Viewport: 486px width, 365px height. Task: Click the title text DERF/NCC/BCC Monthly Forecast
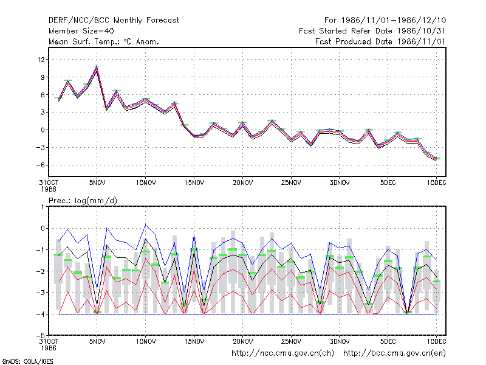pyautogui.click(x=114, y=21)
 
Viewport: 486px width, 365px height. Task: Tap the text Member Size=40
pyautogui.click(x=81, y=31)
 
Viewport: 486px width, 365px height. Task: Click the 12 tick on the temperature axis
pyautogui.click(x=41, y=59)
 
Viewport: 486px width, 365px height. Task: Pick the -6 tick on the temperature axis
pyautogui.click(x=40, y=165)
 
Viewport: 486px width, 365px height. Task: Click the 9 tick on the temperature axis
pyautogui.click(x=43, y=77)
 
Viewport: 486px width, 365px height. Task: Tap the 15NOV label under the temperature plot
pyautogui.click(x=194, y=183)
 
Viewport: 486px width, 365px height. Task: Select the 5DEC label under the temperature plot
pyautogui.click(x=388, y=183)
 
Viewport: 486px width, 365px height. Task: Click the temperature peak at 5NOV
pyautogui.click(x=97, y=66)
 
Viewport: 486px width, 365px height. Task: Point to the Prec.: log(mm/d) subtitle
pyautogui.click(x=83, y=201)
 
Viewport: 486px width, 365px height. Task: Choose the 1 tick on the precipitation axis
pyautogui.click(x=43, y=207)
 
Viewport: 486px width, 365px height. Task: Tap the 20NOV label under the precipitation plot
pyautogui.click(x=242, y=341)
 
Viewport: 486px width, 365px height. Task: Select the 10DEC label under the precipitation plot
pyautogui.click(x=436, y=341)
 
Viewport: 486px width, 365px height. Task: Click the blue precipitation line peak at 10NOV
pyautogui.click(x=146, y=224)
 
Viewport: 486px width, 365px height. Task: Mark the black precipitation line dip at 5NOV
pyautogui.click(x=97, y=304)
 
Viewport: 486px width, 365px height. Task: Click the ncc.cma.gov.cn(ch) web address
pyautogui.click(x=282, y=353)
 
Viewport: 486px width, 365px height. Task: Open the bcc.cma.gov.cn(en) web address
pyautogui.click(x=394, y=353)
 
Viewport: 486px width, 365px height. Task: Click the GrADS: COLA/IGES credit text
pyautogui.click(x=27, y=361)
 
